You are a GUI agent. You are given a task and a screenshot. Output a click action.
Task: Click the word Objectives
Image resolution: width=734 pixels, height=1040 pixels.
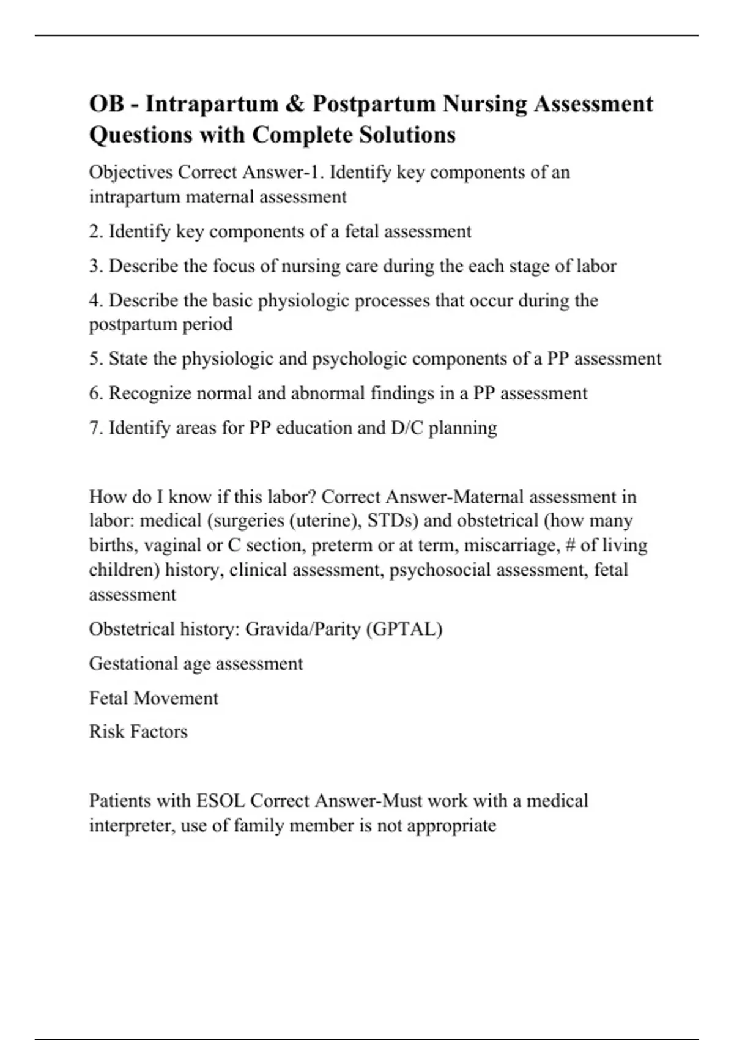[x=131, y=173]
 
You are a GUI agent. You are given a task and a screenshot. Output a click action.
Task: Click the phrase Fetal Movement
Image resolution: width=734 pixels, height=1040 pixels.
[x=154, y=698]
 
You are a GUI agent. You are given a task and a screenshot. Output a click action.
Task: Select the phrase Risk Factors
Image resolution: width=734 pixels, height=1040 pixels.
[x=138, y=732]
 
